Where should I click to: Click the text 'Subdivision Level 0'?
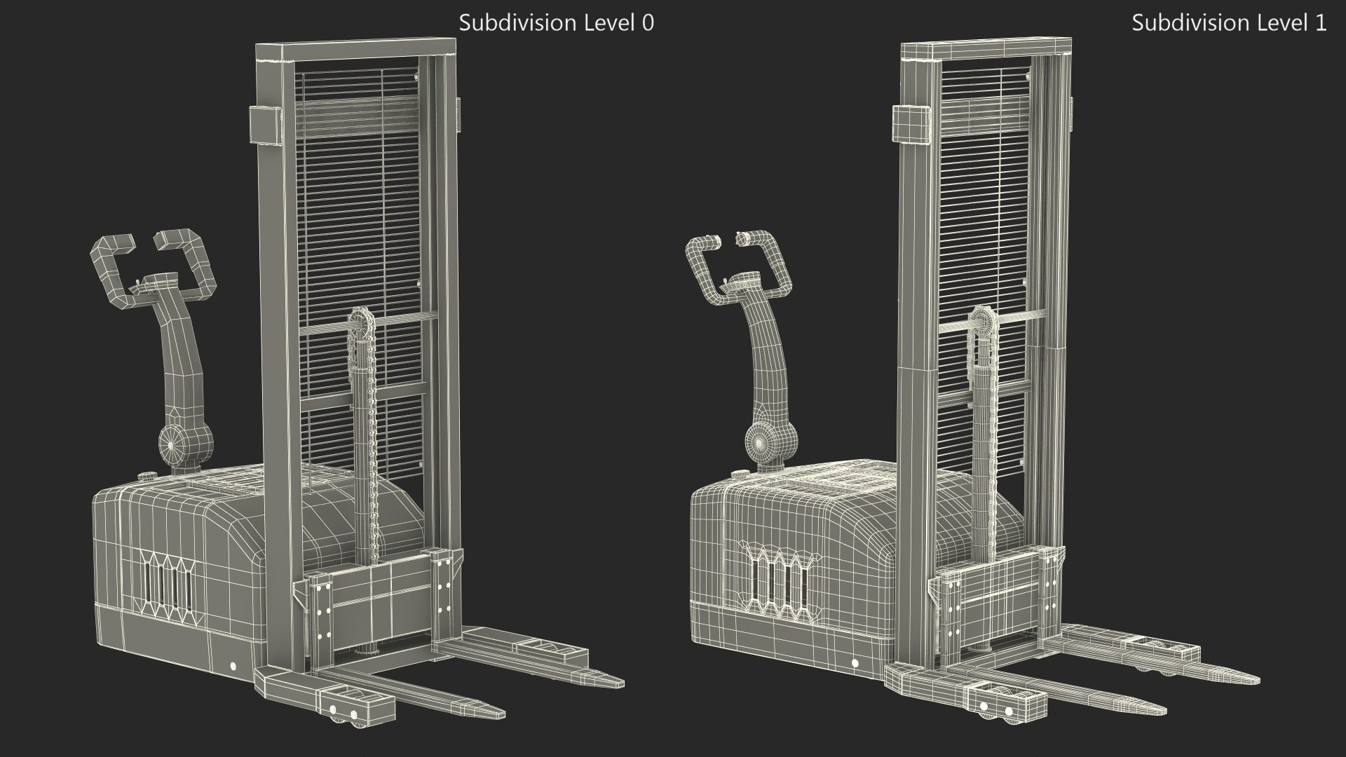pyautogui.click(x=556, y=22)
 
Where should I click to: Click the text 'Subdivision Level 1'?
pyautogui.click(x=1229, y=22)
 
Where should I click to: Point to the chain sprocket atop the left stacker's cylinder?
pyautogui.click(x=362, y=325)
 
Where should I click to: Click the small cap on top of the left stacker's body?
pyautogui.click(x=148, y=476)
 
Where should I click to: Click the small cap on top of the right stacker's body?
pyautogui.click(x=739, y=475)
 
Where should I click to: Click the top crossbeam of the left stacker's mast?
pyautogui.click(x=355, y=52)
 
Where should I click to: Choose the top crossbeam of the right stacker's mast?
pyautogui.click(x=985, y=49)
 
